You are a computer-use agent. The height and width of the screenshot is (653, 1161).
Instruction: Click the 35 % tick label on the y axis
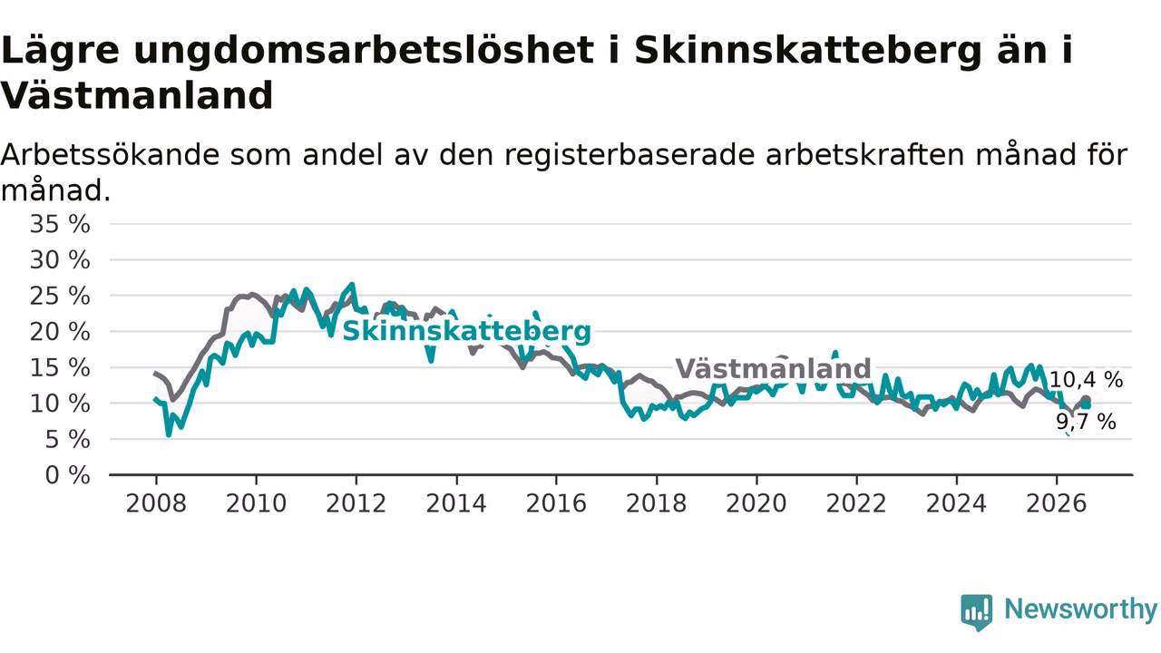(x=60, y=224)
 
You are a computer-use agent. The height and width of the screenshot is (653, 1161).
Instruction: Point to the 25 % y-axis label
(x=60, y=297)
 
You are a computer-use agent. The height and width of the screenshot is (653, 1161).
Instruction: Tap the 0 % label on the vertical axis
(x=67, y=475)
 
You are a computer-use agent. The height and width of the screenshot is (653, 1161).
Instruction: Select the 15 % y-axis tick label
(x=60, y=368)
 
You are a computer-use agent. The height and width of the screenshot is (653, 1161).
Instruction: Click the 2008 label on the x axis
(x=156, y=503)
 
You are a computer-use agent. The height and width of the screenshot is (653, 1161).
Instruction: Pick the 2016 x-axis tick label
(x=556, y=503)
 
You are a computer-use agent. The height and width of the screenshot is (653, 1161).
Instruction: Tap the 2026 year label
(x=1057, y=503)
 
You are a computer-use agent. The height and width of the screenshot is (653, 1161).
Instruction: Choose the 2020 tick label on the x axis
(x=756, y=503)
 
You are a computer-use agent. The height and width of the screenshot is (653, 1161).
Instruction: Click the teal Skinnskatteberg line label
(x=466, y=332)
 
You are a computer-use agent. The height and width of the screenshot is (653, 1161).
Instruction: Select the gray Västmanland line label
(x=773, y=368)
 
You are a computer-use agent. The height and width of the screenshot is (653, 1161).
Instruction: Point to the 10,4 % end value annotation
(x=1086, y=380)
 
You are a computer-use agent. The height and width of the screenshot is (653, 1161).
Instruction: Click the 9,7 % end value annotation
(x=1087, y=422)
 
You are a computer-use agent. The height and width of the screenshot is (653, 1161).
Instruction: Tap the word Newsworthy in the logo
(x=1080, y=609)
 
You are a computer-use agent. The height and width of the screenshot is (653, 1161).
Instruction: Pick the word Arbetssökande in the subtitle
(x=110, y=155)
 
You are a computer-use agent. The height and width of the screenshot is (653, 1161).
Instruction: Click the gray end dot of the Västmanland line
(x=1086, y=400)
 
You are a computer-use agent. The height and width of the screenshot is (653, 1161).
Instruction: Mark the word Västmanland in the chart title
(x=137, y=96)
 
